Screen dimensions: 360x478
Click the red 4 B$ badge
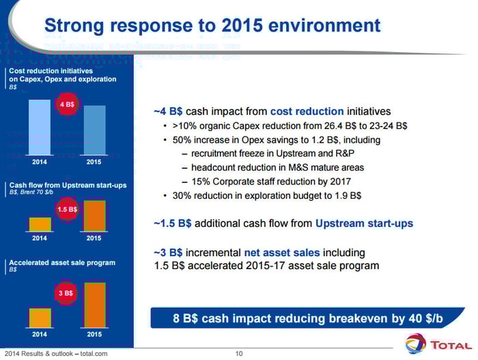coord(67,105)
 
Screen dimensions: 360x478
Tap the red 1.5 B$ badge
coord(67,209)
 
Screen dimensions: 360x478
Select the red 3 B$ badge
coord(67,293)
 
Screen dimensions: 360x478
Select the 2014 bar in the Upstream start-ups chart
coord(40,225)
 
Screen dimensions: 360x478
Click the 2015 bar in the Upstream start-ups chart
coord(94,216)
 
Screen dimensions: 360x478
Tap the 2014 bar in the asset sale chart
coord(40,318)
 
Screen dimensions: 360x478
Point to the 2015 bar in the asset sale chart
coord(94,305)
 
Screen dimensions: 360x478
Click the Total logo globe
coord(415,343)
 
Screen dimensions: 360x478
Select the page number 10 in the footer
coord(239,353)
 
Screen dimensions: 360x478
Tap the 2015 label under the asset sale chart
coord(94,335)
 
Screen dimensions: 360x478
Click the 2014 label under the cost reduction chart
coord(40,162)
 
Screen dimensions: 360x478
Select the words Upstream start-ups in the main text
coord(364,223)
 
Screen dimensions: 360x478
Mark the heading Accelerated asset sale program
coord(62,262)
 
